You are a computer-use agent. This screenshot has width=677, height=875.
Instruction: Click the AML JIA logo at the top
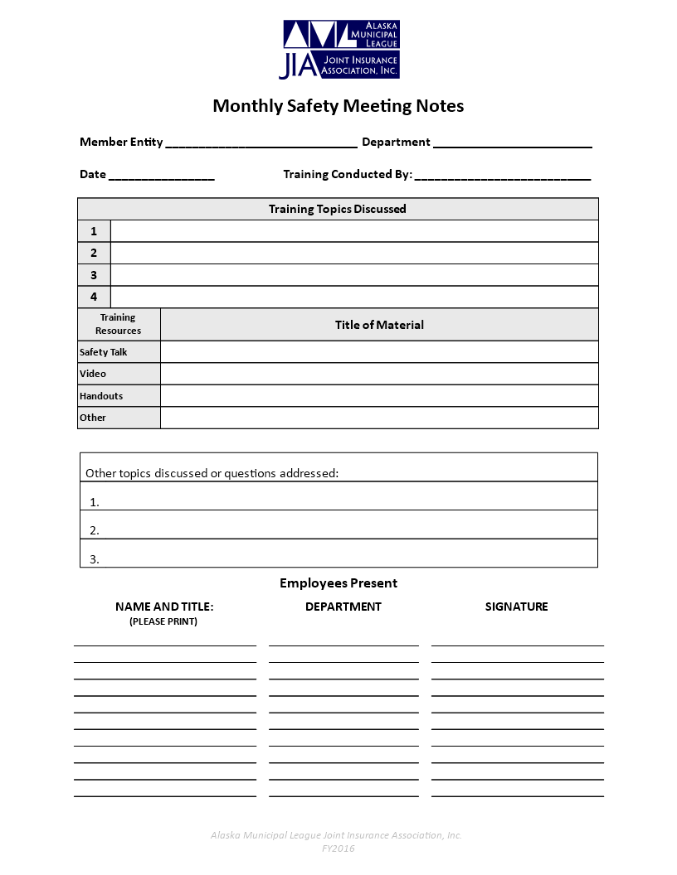click(x=340, y=50)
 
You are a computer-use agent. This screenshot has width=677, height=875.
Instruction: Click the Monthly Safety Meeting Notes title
click(x=338, y=106)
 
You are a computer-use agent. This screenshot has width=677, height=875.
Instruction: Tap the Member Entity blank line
click(x=261, y=143)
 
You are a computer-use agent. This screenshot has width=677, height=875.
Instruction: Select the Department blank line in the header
click(x=512, y=143)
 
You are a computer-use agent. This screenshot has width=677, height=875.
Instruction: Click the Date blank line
click(x=161, y=176)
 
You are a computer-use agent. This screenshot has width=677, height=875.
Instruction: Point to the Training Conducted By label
click(x=348, y=174)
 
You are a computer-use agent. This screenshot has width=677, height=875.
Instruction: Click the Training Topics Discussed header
click(x=338, y=209)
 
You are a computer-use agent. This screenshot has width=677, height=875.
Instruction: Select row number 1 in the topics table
click(x=94, y=231)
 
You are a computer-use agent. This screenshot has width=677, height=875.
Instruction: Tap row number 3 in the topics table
click(x=94, y=275)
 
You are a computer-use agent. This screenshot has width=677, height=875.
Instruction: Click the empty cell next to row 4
click(x=354, y=297)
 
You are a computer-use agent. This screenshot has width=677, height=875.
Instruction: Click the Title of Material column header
click(x=379, y=325)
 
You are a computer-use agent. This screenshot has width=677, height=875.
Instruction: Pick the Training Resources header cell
click(x=119, y=324)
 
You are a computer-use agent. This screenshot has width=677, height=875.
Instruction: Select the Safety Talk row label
click(x=104, y=352)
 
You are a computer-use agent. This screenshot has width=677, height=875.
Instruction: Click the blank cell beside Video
click(x=379, y=374)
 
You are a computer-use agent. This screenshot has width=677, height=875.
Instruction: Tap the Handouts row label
click(x=101, y=396)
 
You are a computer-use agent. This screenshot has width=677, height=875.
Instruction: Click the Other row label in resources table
click(x=93, y=418)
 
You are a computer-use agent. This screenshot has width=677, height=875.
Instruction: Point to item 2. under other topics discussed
click(x=95, y=530)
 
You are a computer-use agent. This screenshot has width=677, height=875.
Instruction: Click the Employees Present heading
click(x=338, y=583)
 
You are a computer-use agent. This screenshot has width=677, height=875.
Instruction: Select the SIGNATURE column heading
click(x=516, y=607)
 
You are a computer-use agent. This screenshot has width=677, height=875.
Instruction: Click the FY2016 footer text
click(x=338, y=848)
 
